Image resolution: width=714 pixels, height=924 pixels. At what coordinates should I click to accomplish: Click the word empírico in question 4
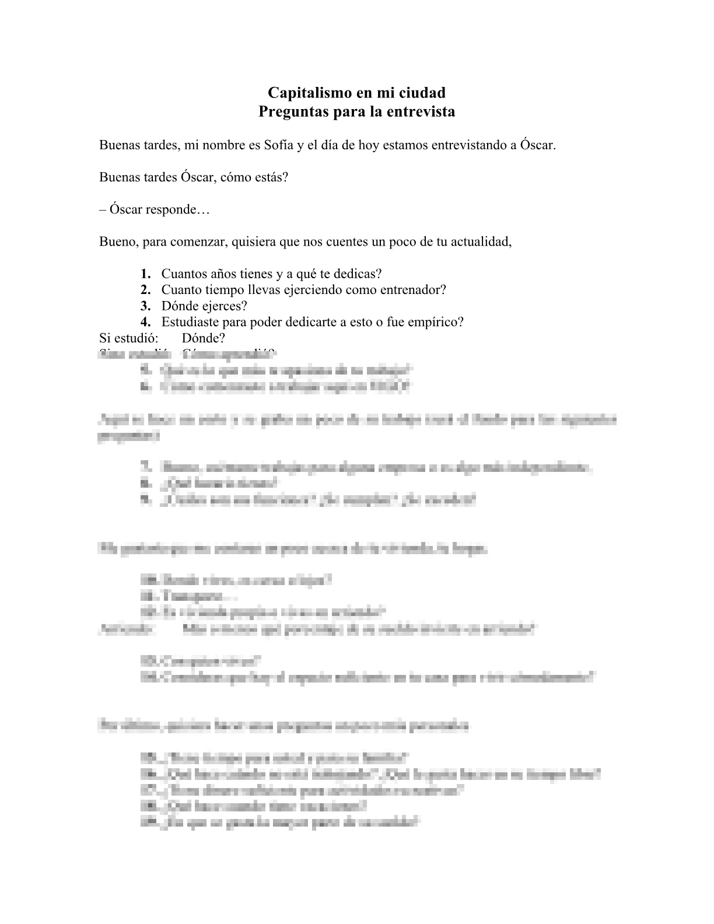coord(439,322)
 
